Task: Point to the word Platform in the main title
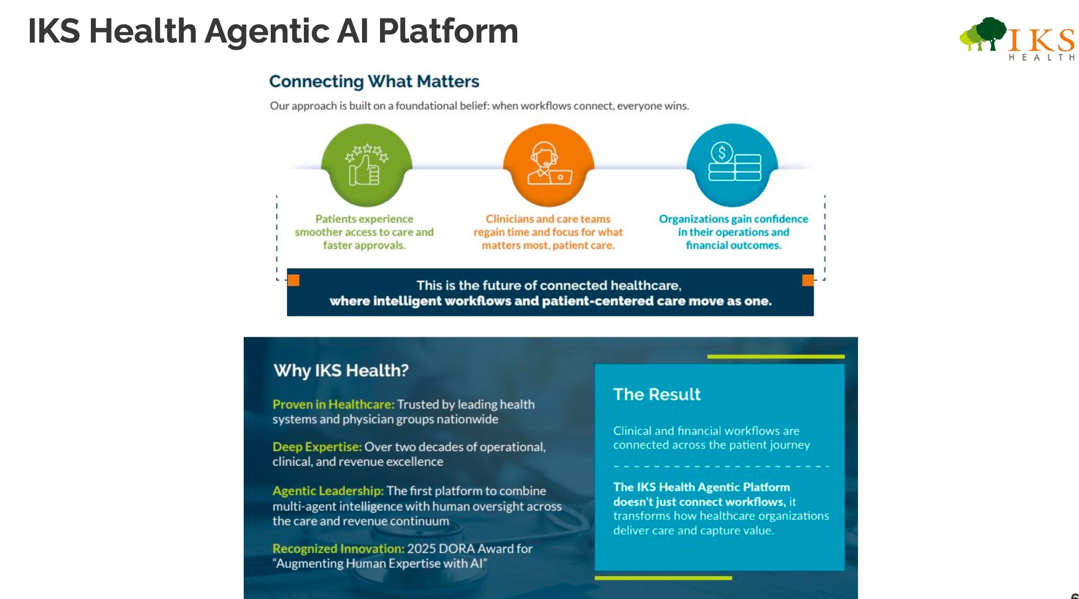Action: pyautogui.click(x=448, y=31)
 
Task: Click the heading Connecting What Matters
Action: pyautogui.click(x=374, y=81)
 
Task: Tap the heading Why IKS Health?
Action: pyautogui.click(x=341, y=370)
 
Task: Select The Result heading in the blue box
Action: pyautogui.click(x=656, y=394)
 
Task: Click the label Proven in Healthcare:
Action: pyautogui.click(x=333, y=405)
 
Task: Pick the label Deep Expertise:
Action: pyautogui.click(x=317, y=447)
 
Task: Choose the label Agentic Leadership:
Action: pyautogui.click(x=327, y=491)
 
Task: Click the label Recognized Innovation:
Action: pyautogui.click(x=338, y=549)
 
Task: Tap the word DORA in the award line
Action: pyautogui.click(x=457, y=549)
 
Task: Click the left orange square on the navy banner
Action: pyautogui.click(x=293, y=280)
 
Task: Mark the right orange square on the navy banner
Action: pyautogui.click(x=807, y=280)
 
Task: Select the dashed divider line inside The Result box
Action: pyautogui.click(x=721, y=467)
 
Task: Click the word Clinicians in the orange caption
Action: pyautogui.click(x=508, y=219)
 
